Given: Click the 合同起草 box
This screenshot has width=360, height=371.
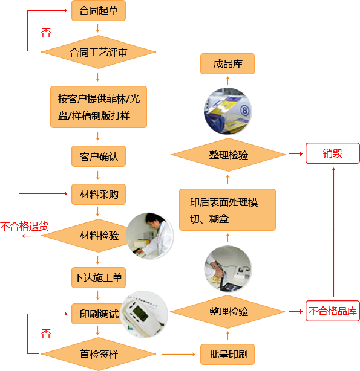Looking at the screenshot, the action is tap(99, 11).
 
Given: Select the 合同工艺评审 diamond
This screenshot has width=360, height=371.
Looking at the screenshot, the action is tap(99, 52).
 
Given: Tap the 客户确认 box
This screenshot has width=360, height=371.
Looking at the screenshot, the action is tap(99, 156).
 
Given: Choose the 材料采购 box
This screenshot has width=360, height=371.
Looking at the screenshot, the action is tap(99, 194).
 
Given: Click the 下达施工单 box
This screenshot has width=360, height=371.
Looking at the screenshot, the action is tap(99, 277).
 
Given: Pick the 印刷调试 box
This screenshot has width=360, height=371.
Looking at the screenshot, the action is tap(97, 314).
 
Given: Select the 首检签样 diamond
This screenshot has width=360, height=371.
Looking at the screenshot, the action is tap(99, 354).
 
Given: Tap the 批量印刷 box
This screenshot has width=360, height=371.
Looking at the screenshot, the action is tap(227, 354).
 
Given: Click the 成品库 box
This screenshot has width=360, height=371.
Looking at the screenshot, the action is tap(227, 64).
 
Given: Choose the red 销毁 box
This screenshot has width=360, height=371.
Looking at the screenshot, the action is tap(333, 153).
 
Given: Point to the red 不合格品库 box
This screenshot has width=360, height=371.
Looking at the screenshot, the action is tap(333, 311).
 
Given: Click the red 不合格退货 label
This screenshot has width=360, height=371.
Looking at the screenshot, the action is tap(24, 226).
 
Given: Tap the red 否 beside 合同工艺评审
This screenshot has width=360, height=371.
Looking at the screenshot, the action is tap(46, 33).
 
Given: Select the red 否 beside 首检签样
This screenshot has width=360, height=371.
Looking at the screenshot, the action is tap(46, 334).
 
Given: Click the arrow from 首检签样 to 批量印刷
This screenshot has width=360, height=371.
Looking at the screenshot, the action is tap(178, 354).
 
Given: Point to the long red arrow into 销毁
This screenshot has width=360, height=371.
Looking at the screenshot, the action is tap(334, 232).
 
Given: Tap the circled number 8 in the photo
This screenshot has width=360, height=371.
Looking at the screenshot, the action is tap(244, 111).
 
